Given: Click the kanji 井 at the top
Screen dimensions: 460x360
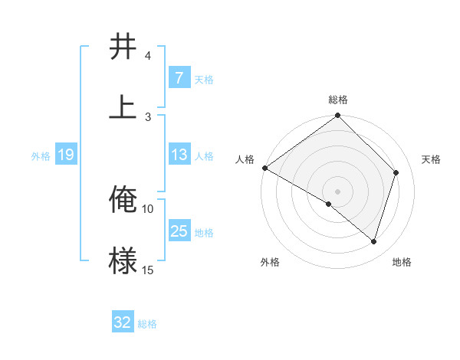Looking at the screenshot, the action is tap(123, 47).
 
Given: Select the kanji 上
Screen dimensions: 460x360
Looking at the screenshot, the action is tap(123, 107).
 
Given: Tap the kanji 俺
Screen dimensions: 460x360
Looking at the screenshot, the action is tap(123, 200).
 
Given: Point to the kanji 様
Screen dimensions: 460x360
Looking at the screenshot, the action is tap(123, 260).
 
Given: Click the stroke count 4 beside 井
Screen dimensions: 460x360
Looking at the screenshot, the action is tap(148, 56).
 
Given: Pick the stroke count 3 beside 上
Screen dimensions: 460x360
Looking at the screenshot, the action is tap(148, 116).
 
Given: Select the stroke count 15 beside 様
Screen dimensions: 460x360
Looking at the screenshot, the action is tap(148, 270).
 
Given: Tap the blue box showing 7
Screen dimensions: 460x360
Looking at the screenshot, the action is tap(179, 78).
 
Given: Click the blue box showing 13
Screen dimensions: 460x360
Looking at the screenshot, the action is tap(179, 155).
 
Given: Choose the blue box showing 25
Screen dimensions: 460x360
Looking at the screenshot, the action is tap(179, 231).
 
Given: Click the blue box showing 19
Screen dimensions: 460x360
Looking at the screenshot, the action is tap(66, 155).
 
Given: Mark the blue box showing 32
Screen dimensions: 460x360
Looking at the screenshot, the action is tap(123, 323).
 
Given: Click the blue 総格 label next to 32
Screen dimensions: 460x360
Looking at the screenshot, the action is tap(147, 324).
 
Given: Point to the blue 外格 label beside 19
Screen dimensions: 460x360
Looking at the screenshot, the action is tap(41, 155).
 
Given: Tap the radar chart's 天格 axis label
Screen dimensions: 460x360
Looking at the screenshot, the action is tap(432, 159).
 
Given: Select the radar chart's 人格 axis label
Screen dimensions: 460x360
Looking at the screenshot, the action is tap(245, 159).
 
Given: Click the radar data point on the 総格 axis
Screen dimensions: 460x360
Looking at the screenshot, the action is tap(338, 116).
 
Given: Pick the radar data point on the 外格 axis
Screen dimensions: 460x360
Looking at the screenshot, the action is tap(329, 205).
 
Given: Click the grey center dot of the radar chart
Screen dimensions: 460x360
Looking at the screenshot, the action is tap(338, 191).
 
